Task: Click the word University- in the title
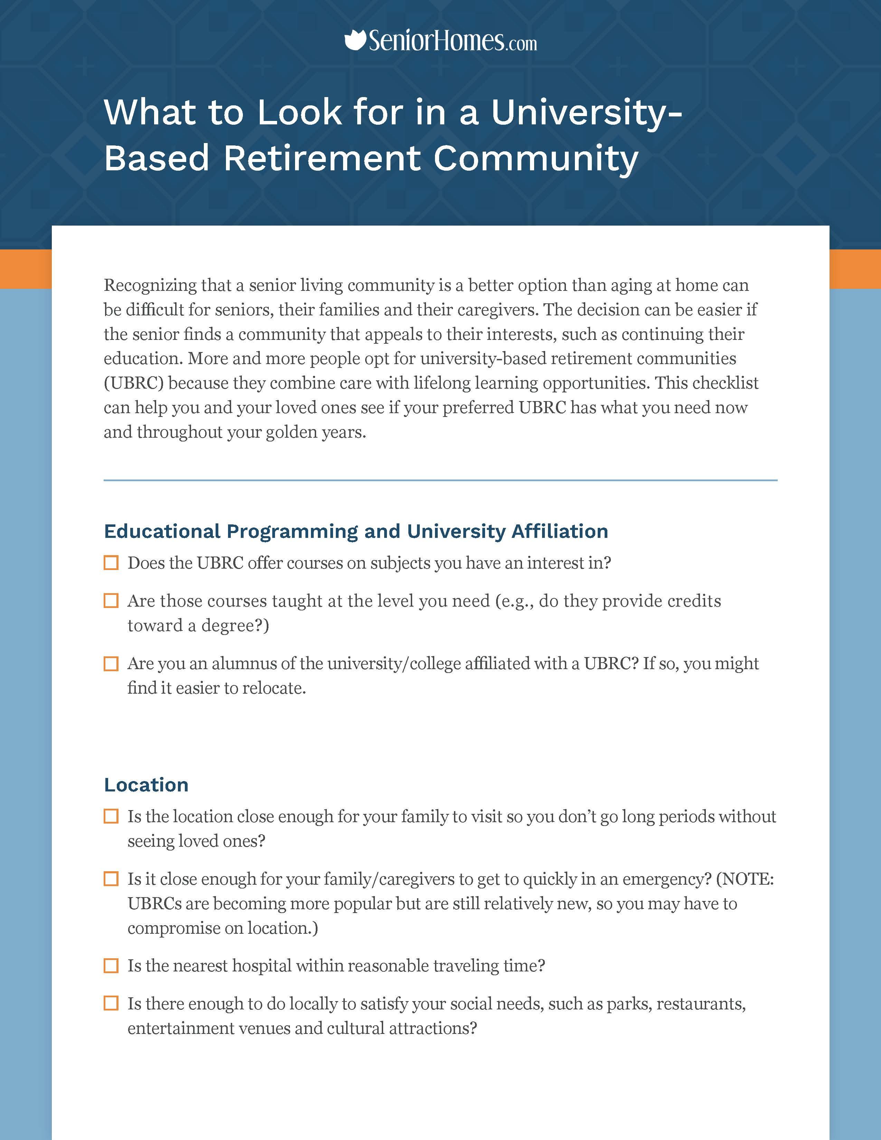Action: click(x=586, y=112)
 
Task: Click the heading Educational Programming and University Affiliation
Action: click(x=356, y=531)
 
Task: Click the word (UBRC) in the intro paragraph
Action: click(x=134, y=383)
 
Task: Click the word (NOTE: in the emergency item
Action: click(x=745, y=880)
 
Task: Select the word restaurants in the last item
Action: click(x=701, y=1004)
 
